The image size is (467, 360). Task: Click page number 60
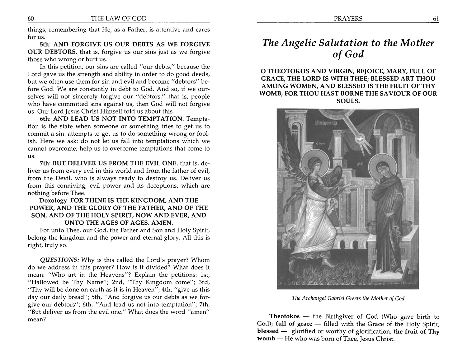click(31, 19)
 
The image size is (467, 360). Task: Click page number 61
click(436, 19)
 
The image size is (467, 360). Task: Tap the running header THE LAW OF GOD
click(118, 19)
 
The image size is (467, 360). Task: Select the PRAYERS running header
click(348, 19)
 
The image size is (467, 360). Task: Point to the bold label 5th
click(46, 44)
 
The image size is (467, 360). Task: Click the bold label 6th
click(46, 119)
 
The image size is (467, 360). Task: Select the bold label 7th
click(46, 163)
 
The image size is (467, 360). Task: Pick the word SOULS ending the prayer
click(348, 101)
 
